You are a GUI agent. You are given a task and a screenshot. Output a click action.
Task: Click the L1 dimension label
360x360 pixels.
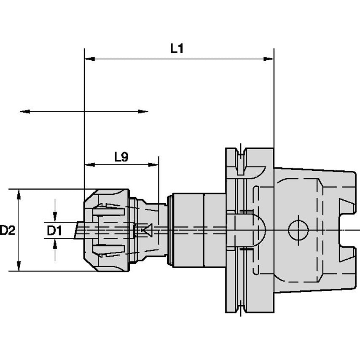tap(177, 49)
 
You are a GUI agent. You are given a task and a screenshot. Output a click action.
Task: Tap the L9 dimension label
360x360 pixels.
tap(121, 157)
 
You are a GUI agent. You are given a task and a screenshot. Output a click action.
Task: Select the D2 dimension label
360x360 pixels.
tap(7, 230)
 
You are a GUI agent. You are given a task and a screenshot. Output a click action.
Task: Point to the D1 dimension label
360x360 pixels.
tap(54, 231)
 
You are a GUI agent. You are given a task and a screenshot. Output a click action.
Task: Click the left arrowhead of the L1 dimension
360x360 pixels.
tap(90, 59)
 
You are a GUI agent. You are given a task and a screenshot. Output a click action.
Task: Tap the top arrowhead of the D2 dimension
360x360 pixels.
tap(19, 194)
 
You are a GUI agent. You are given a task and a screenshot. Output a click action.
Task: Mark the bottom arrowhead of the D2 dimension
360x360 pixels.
tap(19, 266)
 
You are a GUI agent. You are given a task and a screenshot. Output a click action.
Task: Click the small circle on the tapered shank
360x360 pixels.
tap(298, 230)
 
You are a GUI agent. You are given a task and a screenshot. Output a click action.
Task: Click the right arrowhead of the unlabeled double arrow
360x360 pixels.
tap(143, 112)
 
